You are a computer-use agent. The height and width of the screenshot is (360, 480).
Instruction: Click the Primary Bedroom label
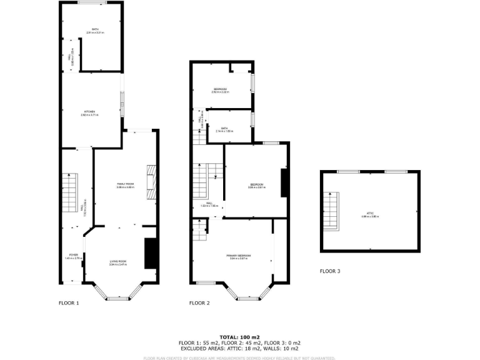pyautogui.click(x=239, y=256)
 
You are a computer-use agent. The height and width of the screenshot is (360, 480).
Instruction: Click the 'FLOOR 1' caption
pyautogui.click(x=69, y=303)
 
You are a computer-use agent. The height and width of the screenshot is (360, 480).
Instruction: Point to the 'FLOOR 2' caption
pyautogui.click(x=199, y=303)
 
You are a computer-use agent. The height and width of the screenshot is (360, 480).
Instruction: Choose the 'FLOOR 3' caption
pyautogui.click(x=330, y=271)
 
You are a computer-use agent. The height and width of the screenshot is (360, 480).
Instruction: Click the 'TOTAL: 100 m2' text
pyautogui.click(x=239, y=337)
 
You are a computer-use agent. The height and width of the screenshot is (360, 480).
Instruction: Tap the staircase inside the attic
pyautogui.click(x=331, y=211)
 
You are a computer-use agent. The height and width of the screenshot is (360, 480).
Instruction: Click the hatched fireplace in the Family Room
pyautogui.click(x=150, y=182)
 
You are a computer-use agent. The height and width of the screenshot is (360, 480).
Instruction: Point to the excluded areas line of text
pyautogui.click(x=239, y=348)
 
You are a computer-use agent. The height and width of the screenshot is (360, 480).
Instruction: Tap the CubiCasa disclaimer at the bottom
pyautogui.click(x=239, y=358)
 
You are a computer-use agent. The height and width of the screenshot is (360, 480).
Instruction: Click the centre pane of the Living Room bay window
pyautogui.click(x=118, y=298)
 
